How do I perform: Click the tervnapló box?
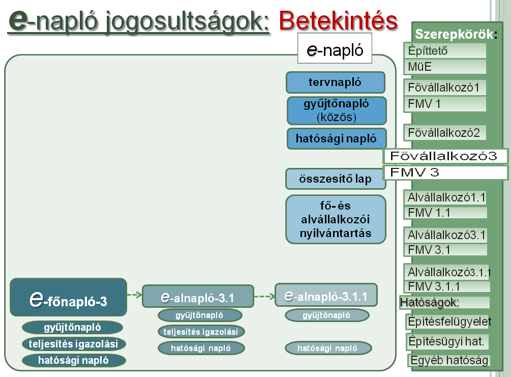tap(336, 82)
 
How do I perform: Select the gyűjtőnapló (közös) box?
tap(337, 110)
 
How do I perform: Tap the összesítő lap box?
tap(336, 179)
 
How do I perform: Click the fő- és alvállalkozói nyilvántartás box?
tap(336, 219)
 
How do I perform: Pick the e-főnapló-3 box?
tap(69, 297)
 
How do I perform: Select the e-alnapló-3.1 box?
tap(198, 296)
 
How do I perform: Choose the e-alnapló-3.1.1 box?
tap(326, 295)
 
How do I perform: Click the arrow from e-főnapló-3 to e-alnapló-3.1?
tap(135, 295)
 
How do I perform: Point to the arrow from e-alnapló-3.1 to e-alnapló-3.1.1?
tap(264, 297)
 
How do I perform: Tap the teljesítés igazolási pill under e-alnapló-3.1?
tap(201, 332)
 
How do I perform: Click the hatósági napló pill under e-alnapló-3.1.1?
tap(328, 348)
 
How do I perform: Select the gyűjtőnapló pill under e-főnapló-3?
tap(72, 327)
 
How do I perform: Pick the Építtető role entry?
tap(445, 50)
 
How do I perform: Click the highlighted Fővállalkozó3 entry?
tap(445, 156)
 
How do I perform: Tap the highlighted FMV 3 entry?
tap(445, 172)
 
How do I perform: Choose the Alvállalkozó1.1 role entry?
tap(445, 197)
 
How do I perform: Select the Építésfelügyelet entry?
tap(449, 322)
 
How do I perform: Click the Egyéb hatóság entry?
tap(449, 360)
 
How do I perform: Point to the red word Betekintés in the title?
tap(338, 21)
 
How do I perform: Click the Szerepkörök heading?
tap(456, 34)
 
